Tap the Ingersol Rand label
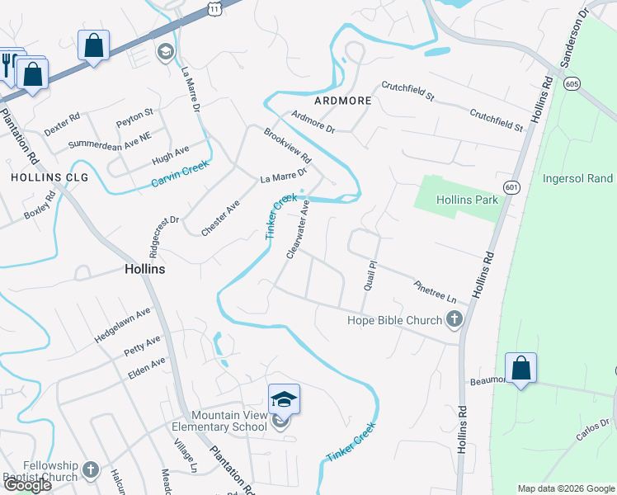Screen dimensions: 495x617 (x=577, y=178)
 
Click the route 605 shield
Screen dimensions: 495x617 (x=571, y=83)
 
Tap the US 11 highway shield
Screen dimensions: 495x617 (x=214, y=7)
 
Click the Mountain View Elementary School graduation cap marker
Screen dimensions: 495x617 (x=284, y=399)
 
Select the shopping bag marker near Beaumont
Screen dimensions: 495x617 (x=520, y=368)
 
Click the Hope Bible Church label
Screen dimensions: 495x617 (x=394, y=319)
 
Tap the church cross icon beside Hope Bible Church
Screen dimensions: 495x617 (x=456, y=320)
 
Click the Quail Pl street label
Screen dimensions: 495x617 (x=370, y=276)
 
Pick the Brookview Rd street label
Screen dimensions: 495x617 (x=287, y=145)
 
